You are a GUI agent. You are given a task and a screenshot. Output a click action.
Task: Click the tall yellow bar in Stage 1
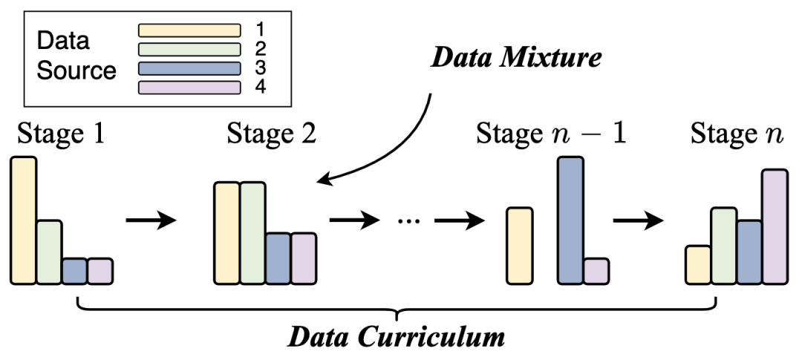pos(23,220)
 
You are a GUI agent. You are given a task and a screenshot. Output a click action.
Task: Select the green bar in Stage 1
pos(49,252)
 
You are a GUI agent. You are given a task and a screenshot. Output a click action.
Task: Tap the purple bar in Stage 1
pos(100,271)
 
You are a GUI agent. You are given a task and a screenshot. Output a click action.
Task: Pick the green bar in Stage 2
pos(252,233)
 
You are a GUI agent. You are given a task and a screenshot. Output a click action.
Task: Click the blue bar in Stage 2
pos(278,258)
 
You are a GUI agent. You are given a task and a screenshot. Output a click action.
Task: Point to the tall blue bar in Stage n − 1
pos(570,220)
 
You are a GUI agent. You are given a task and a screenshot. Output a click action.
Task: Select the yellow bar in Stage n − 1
pos(519,246)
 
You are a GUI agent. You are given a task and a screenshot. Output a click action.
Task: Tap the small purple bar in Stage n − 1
pos(596,271)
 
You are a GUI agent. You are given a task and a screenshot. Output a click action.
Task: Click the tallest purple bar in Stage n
pos(775,226)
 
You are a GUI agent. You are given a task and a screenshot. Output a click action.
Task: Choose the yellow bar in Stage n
pos(697,265)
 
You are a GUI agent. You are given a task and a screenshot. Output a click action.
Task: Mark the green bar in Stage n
pos(723,246)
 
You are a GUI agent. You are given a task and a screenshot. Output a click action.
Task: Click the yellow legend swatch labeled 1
pos(189,30)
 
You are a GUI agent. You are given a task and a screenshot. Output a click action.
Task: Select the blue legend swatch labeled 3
pos(189,68)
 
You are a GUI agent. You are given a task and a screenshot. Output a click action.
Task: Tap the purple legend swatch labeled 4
pos(189,87)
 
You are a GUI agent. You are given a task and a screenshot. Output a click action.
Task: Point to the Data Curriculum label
pos(397,338)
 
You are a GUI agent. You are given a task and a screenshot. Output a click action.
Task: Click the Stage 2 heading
pos(271,134)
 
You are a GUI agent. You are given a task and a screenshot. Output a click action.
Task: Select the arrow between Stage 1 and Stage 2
pos(151,220)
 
